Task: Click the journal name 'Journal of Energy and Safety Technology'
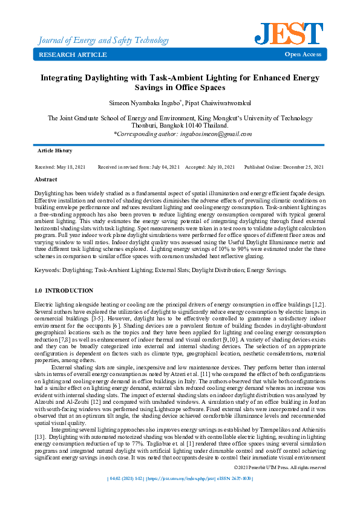103,41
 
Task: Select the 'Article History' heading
54,150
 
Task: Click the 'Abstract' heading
46,180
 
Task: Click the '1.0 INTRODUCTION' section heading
64,291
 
